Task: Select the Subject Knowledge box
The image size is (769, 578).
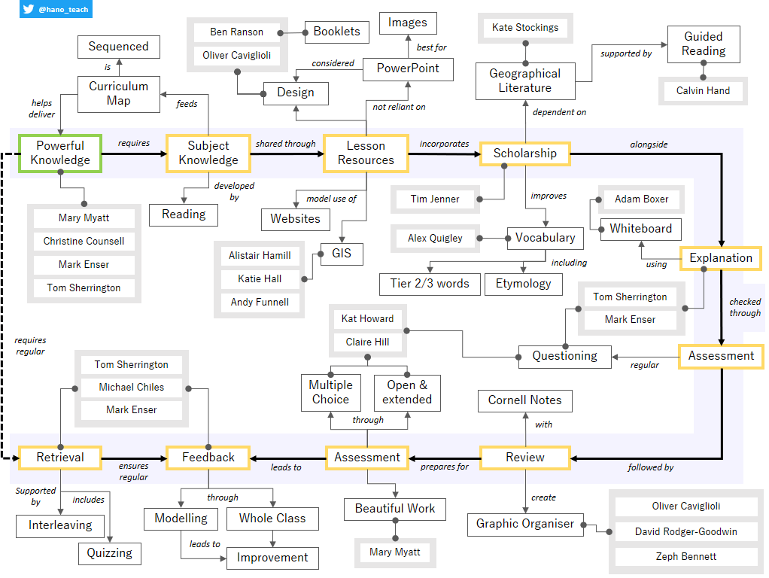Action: coord(208,153)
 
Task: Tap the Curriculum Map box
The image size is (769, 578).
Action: coord(119,93)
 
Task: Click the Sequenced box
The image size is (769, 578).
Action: coord(119,47)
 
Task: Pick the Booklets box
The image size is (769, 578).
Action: coord(336,32)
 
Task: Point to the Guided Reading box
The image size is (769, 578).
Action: coord(704,44)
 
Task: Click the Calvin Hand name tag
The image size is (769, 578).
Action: coord(703,91)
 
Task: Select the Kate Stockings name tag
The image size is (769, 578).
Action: coord(525,28)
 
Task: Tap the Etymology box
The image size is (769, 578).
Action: coord(523,284)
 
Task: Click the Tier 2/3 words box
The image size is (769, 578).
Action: coord(429,284)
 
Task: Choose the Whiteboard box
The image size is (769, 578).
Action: coord(641,229)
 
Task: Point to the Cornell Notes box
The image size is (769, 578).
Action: coord(524,400)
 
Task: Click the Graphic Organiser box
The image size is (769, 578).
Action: coord(525,524)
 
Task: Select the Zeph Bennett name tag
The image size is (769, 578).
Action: coord(685,557)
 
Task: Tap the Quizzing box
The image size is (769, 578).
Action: coord(109,553)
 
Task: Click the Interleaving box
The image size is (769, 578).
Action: coord(60,525)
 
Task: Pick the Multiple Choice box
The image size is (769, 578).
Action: coord(330,392)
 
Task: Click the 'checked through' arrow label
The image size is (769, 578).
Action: coord(745,307)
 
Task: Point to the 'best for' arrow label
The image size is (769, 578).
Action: coord(432,47)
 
